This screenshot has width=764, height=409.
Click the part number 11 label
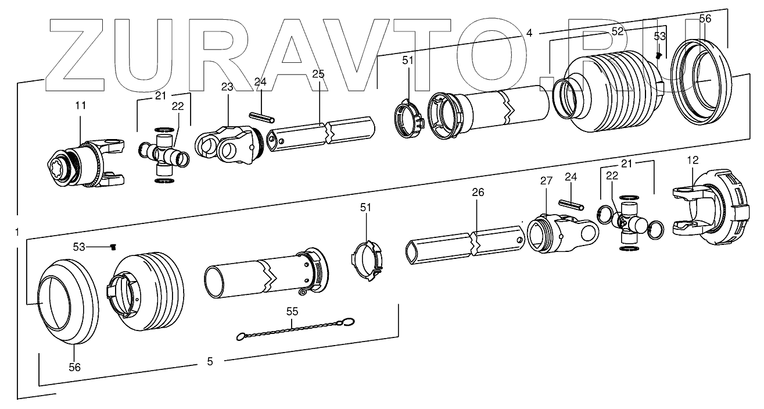pos(80,105)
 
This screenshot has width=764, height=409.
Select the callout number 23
pos(227,87)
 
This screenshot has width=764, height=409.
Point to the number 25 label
pos(318,74)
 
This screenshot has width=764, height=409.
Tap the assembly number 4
pos(529,33)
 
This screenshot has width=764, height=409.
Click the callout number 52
pos(617,32)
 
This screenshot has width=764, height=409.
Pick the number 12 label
pos(693,159)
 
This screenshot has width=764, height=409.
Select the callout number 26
pos(477,191)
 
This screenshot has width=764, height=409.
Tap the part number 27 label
pos(546,181)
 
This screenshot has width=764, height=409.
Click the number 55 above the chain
pos(292,311)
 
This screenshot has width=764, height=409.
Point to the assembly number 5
pos(210,361)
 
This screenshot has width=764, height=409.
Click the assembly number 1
pos(17,232)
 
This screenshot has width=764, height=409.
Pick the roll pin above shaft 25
pos(261,117)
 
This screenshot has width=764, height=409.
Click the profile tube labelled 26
pos(465,243)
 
